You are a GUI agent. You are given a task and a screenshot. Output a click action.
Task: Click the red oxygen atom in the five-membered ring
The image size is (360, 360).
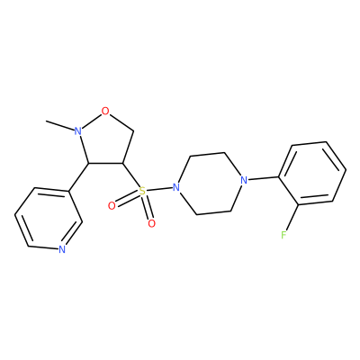[105, 112]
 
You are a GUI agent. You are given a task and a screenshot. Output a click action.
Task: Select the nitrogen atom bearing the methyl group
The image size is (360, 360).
[78, 131]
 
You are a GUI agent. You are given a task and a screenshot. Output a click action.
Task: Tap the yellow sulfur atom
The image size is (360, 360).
[142, 191]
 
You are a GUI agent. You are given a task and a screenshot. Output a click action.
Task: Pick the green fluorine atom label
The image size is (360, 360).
[283, 235]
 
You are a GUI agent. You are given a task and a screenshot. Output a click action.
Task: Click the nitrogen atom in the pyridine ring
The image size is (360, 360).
[62, 249]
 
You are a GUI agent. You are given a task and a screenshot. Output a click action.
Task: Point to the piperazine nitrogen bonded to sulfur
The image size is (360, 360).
[176, 187]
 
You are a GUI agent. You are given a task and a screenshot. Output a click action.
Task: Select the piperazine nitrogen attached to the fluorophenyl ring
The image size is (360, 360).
[245, 180]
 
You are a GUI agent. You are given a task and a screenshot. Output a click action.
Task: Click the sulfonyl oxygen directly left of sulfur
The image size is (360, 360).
[112, 206]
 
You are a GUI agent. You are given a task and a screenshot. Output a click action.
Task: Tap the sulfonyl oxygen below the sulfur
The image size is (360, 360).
[152, 223]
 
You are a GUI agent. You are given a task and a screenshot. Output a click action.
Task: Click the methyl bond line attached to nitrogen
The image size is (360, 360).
[60, 126]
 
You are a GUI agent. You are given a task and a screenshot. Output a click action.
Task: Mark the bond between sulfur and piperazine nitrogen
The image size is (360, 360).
[159, 189]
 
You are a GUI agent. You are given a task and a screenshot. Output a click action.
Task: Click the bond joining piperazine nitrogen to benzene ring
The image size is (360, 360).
[264, 178]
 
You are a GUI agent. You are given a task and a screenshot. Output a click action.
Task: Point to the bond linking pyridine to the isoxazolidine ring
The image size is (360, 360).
[79, 177]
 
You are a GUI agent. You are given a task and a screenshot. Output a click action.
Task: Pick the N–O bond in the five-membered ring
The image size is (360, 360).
[92, 121]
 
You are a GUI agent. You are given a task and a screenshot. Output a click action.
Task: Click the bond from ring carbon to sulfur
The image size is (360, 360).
[130, 175]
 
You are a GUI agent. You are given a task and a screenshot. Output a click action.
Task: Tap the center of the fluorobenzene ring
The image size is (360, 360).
[312, 174]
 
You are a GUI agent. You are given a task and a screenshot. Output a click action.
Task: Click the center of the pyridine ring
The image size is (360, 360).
[49, 219]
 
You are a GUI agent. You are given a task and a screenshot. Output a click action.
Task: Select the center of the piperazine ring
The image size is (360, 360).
[211, 184]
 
